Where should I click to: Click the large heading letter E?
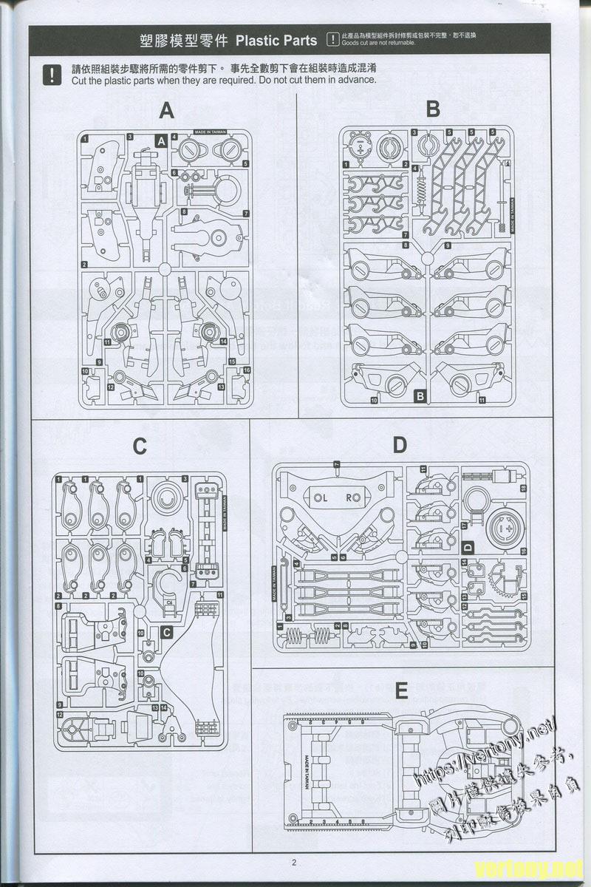pos(401,690)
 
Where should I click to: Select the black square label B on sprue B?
pos(420,396)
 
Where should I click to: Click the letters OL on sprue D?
pos(320,498)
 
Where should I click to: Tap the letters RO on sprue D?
pos(353,498)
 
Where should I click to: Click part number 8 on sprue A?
pos(184,211)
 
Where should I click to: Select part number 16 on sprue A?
pos(247,370)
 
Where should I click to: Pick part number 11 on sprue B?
pos(482,401)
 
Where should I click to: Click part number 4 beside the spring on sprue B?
pos(415,169)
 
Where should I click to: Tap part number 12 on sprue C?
pos(59,715)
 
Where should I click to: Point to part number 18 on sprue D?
pos(523,489)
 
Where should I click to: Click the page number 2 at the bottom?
pos(293,862)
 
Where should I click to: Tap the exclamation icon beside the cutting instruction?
pos(52,75)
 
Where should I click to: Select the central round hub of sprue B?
pos(426,258)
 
